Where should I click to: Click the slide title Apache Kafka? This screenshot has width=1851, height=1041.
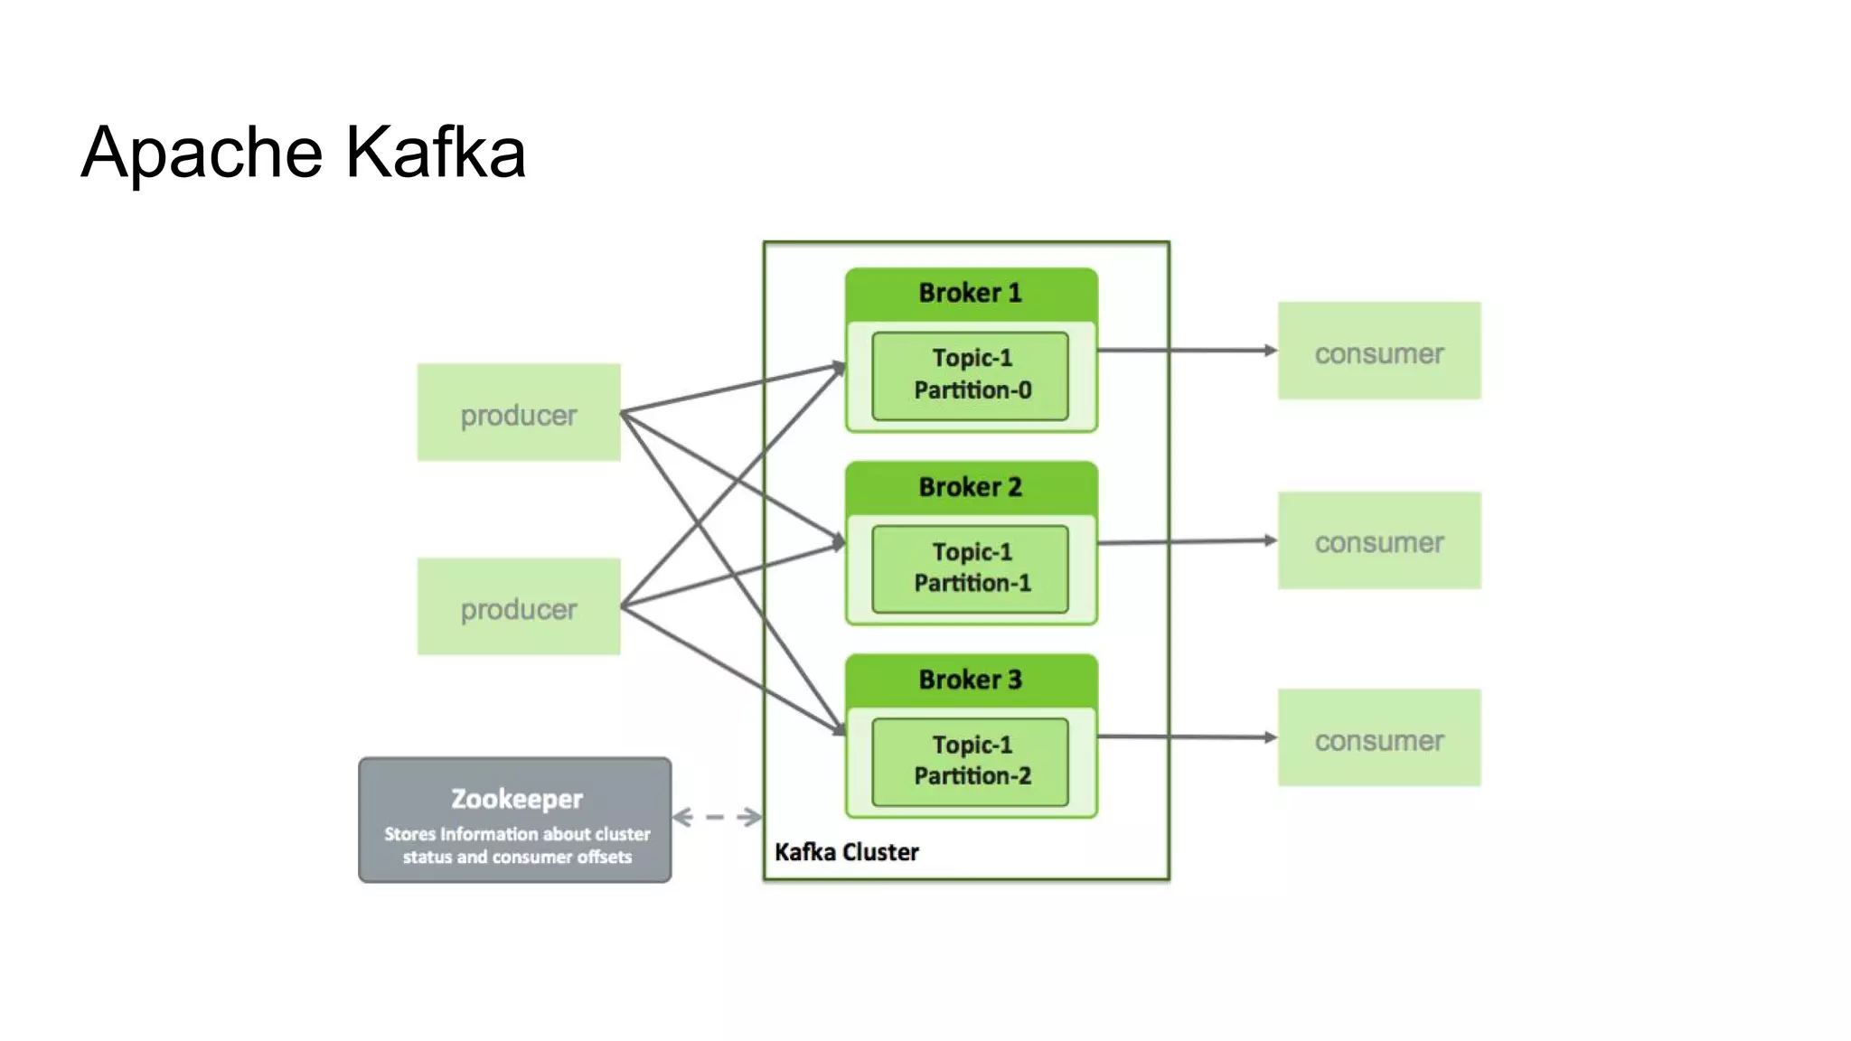point(303,152)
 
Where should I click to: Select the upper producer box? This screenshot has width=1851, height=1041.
point(518,413)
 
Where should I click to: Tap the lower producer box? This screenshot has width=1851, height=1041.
point(518,607)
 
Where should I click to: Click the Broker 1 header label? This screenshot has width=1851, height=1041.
point(970,293)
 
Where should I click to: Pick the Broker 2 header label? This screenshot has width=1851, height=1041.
point(970,487)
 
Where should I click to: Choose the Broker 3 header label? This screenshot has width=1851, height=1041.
point(970,680)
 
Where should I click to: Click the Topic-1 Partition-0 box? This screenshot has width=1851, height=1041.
point(971,375)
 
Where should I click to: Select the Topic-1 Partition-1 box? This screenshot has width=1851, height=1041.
point(971,568)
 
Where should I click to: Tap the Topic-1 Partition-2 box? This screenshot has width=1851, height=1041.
point(971,761)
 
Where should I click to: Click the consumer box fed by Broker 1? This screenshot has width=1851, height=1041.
point(1378,352)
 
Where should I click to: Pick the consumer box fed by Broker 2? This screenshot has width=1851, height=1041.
point(1378,541)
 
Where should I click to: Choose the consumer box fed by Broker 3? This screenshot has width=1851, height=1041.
point(1378,738)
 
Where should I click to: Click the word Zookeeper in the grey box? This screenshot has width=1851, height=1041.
point(516,799)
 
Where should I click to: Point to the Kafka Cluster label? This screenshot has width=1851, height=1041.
point(846,852)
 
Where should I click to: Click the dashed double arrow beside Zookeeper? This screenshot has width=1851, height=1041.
point(716,817)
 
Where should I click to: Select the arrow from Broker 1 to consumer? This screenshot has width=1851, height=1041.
point(1184,350)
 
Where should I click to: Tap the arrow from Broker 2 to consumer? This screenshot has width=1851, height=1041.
point(1184,541)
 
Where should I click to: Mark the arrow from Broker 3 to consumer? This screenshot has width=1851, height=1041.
point(1184,736)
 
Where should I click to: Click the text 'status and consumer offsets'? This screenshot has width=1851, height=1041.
point(516,857)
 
